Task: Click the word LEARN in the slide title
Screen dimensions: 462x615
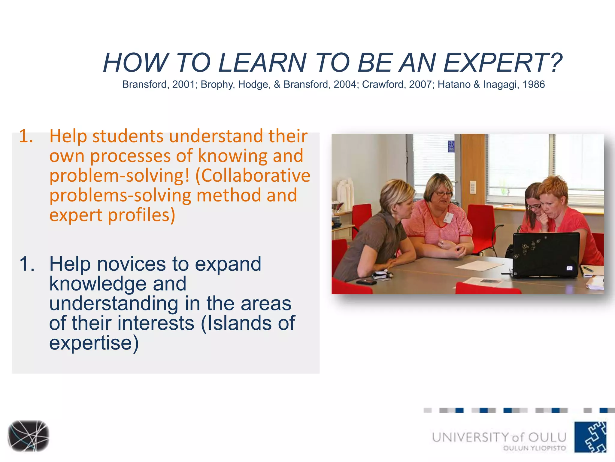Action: [262, 63]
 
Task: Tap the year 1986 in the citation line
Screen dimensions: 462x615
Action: [534, 85]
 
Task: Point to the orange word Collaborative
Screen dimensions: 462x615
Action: [253, 176]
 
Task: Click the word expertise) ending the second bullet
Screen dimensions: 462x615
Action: [94, 343]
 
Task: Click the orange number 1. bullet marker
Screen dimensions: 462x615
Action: [26, 136]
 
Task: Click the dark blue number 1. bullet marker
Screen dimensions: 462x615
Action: [27, 264]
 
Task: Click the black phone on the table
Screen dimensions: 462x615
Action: [366, 282]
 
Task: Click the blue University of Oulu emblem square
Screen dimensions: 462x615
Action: [590, 437]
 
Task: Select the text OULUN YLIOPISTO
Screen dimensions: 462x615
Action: [534, 448]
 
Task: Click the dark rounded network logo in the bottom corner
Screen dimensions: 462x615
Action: [29, 436]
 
